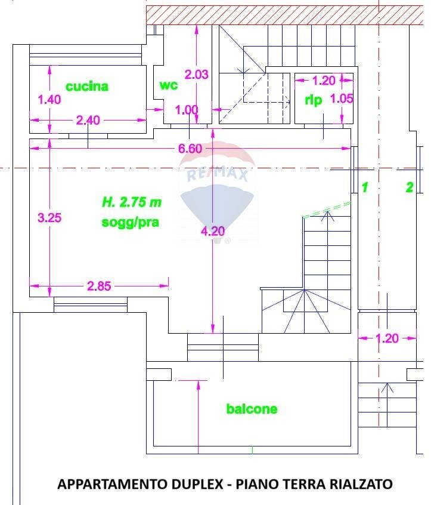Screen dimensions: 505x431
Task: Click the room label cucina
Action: pyautogui.click(x=87, y=87)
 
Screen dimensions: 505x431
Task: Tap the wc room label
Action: pyautogui.click(x=168, y=85)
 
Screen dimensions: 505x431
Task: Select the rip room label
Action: pyautogui.click(x=314, y=100)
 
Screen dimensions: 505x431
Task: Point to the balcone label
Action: pyautogui.click(x=252, y=409)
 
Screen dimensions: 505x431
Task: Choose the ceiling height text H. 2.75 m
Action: pyautogui.click(x=131, y=202)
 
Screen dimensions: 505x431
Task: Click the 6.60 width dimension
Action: pyautogui.click(x=190, y=149)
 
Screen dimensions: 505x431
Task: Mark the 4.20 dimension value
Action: pyautogui.click(x=212, y=230)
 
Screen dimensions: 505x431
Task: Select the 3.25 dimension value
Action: pyautogui.click(x=49, y=218)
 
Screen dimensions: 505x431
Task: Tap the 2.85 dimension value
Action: pyautogui.click(x=99, y=286)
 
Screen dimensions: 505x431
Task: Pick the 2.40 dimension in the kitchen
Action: pyautogui.click(x=88, y=120)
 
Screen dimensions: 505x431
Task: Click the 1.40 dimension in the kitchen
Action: pyautogui.click(x=49, y=100)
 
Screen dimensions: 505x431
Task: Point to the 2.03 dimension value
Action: pyautogui.click(x=196, y=75)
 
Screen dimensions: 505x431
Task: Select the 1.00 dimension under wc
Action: pyautogui.click(x=186, y=110)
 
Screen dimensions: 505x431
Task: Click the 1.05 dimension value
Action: pyautogui.click(x=342, y=99)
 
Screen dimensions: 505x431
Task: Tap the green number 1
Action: pyautogui.click(x=365, y=187)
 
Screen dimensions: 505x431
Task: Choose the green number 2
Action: pyautogui.click(x=409, y=187)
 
